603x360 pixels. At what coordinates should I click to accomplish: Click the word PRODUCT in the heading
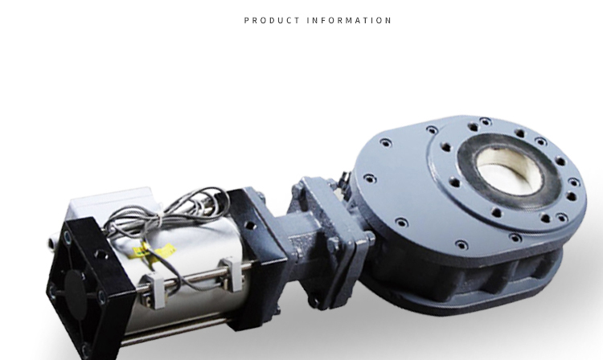pos(272,20)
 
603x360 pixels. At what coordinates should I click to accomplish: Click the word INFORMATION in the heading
pos(349,20)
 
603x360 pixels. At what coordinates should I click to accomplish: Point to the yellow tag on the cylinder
pos(154,251)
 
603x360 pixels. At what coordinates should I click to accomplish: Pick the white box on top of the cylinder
pos(112,202)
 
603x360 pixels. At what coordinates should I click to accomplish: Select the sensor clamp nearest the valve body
pos(232,274)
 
